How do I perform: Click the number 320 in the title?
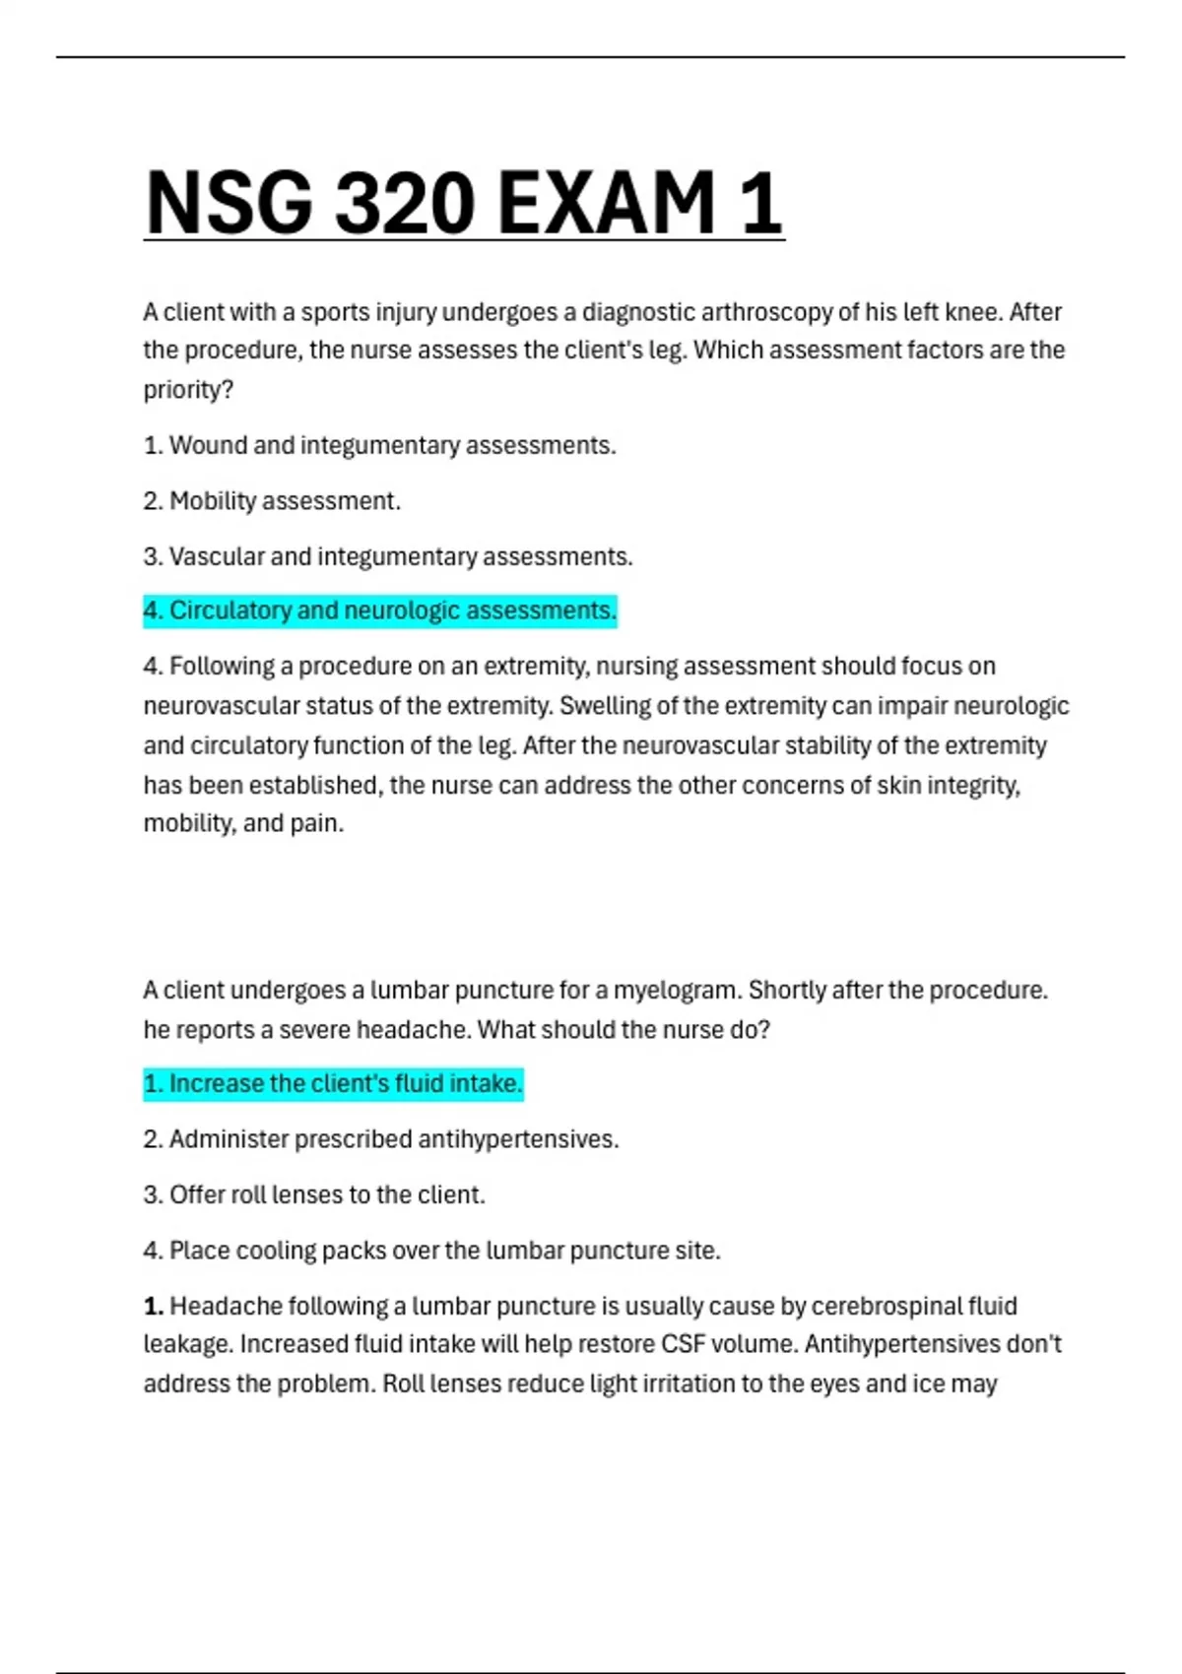(404, 203)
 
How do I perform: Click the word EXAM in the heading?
(606, 203)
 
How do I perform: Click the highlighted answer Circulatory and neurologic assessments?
(380, 611)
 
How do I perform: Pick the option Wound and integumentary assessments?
(380, 445)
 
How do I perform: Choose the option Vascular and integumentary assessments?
(388, 556)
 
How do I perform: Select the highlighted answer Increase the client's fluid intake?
(333, 1084)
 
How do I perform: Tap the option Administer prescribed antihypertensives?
(381, 1139)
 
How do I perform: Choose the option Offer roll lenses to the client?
(314, 1194)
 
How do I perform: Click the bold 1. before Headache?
(154, 1307)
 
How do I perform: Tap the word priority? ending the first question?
(188, 390)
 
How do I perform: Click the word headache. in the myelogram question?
(413, 1030)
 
